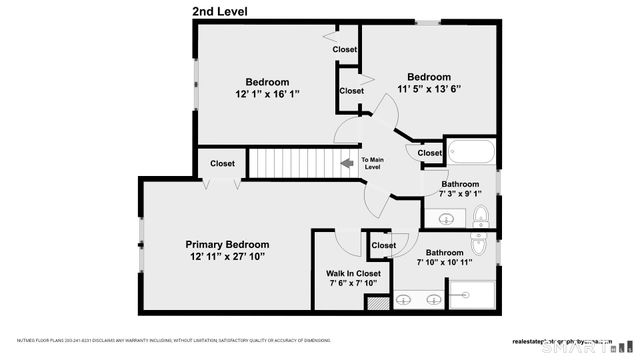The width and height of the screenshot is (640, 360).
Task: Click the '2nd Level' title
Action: click(220, 12)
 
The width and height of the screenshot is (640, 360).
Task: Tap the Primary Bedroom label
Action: click(227, 244)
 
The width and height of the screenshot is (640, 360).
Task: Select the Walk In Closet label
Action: click(353, 273)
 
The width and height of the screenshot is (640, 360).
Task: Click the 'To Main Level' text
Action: click(372, 163)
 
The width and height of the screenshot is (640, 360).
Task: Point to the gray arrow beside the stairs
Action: click(347, 162)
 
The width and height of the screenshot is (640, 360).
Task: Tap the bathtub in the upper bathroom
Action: click(471, 154)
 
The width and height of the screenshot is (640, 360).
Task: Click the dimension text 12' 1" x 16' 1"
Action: click(267, 93)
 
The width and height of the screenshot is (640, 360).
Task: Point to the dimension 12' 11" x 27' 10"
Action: click(227, 257)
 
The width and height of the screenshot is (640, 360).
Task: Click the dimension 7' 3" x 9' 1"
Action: click(459, 195)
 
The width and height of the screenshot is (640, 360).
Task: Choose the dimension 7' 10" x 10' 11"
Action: click(444, 263)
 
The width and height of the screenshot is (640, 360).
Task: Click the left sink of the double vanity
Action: click(405, 297)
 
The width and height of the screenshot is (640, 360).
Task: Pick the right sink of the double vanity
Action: click(432, 297)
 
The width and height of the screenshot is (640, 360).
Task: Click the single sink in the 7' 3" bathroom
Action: click(479, 216)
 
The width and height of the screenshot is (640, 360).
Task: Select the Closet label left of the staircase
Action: click(222, 164)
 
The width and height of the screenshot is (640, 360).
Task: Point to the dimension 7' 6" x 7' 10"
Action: click(353, 284)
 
